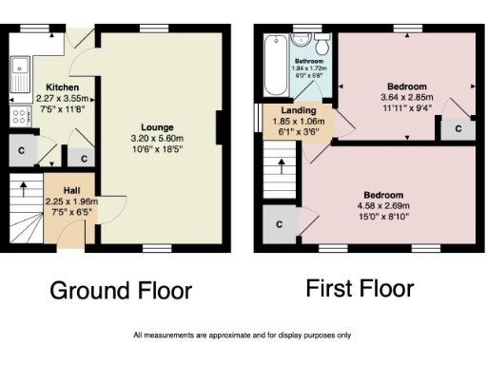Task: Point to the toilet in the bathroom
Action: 322,45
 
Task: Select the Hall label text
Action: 71,190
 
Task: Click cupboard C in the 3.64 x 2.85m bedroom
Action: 458,127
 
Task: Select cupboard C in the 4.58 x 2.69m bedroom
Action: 279,223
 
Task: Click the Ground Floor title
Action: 120,290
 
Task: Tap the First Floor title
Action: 360,288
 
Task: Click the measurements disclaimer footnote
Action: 243,335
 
